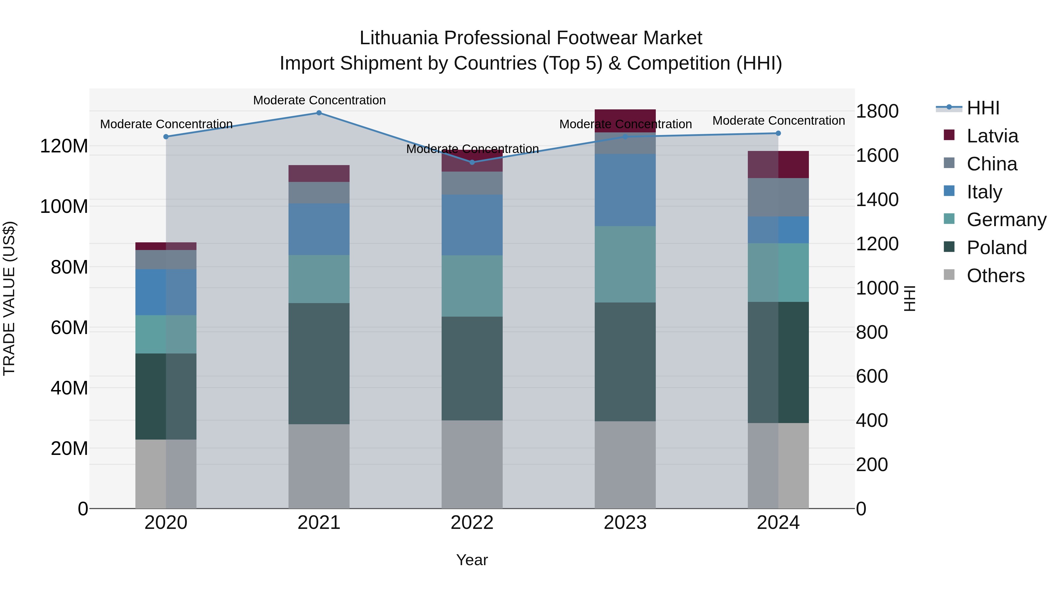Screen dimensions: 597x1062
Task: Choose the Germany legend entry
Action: coord(1006,220)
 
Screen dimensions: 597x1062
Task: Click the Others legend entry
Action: coord(995,276)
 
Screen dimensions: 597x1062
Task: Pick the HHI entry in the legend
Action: coord(983,108)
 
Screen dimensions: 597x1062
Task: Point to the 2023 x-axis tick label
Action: coord(625,523)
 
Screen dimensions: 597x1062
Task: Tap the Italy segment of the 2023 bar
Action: coord(625,190)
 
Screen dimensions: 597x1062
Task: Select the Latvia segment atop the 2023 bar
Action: coord(625,120)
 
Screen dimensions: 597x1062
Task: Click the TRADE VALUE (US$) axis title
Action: coord(9,298)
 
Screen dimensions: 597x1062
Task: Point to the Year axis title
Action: coord(472,560)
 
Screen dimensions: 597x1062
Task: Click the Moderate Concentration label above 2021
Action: coord(319,100)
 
